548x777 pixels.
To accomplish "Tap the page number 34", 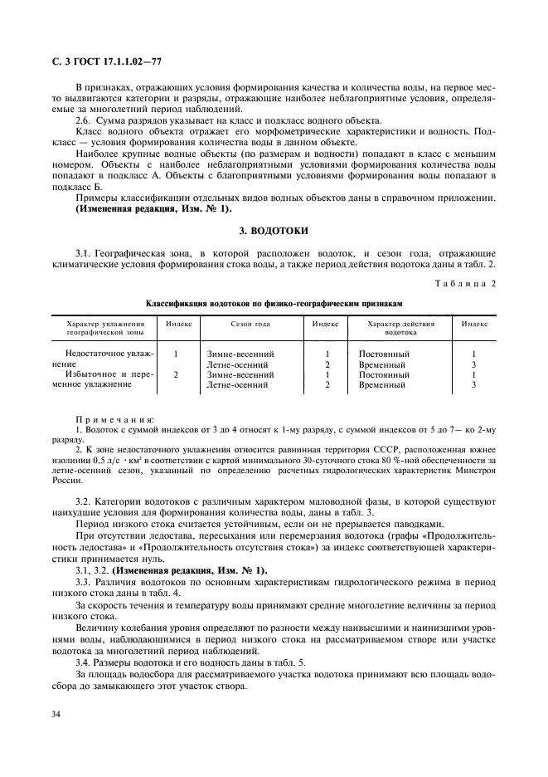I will [x=57, y=714].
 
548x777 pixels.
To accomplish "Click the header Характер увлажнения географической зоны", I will [x=105, y=328].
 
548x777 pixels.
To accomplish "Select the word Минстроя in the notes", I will [x=471, y=471].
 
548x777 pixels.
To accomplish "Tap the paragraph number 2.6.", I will [x=85, y=120].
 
